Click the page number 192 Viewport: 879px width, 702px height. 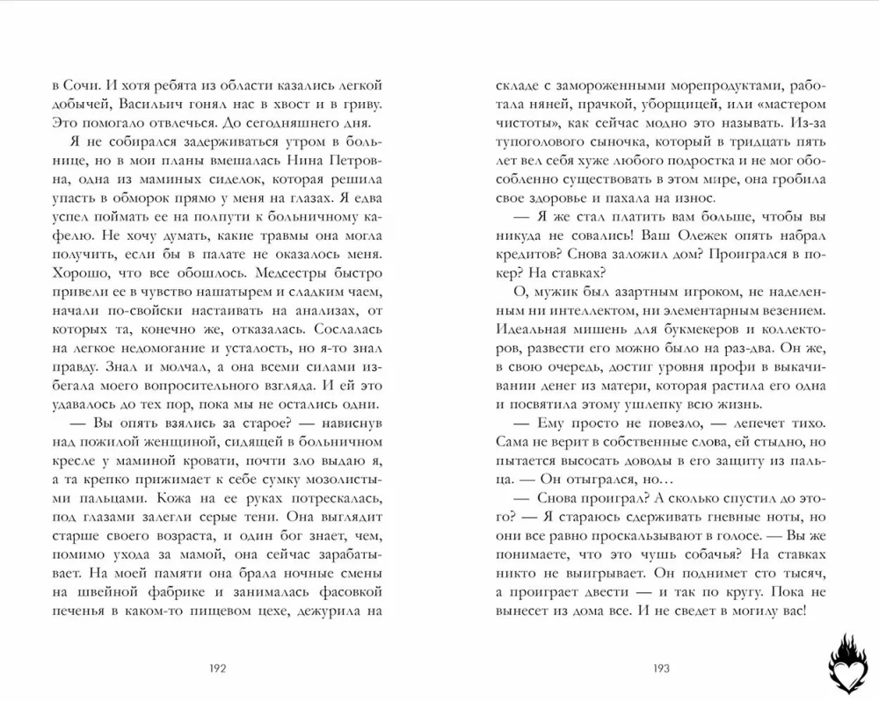click(x=219, y=668)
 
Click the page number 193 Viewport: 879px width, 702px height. click(x=661, y=668)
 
